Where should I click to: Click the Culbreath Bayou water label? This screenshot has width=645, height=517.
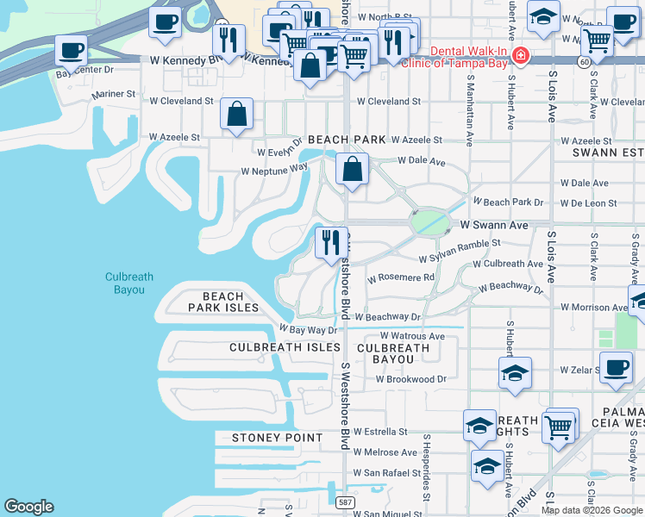tap(129, 283)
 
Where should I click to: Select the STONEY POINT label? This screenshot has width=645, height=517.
tap(277, 438)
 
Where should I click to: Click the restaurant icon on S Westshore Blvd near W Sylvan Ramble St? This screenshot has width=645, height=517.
tap(331, 243)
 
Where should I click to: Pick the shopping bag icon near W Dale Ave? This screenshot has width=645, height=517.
tap(352, 169)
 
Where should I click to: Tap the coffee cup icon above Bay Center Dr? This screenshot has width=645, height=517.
tap(72, 50)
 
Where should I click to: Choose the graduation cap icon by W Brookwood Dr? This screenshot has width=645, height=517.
tap(514, 373)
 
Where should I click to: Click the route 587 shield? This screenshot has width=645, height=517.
tap(343, 501)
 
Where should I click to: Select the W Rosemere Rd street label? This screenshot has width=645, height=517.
tap(401, 277)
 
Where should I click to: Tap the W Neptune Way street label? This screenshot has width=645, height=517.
tap(274, 171)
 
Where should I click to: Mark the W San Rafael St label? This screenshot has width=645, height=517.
tap(391, 473)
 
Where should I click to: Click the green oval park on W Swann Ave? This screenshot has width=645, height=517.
tap(431, 223)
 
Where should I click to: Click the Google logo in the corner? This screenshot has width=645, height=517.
tap(28, 507)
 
